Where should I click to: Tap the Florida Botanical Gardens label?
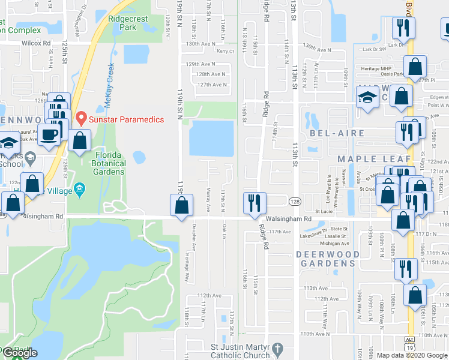(109, 163)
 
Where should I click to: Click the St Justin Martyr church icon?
(277, 349)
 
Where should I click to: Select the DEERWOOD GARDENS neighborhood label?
(328, 259)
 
